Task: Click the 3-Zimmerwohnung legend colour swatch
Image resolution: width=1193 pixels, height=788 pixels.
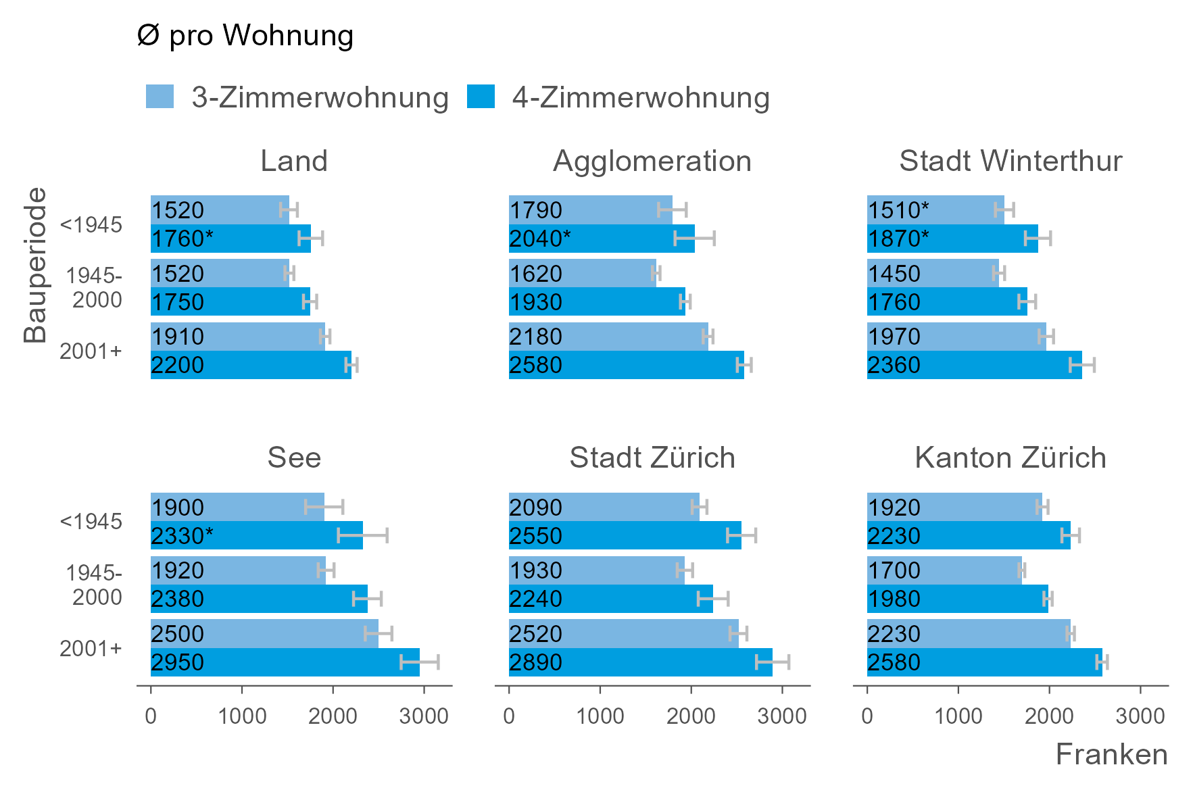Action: pos(160,97)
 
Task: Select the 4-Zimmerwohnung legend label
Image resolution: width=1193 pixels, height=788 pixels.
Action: pos(640,97)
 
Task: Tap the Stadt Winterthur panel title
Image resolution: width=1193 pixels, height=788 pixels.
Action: pos(1011,161)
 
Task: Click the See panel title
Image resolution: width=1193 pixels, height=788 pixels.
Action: pos(294,458)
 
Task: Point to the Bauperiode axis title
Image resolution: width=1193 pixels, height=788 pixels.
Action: pos(35,265)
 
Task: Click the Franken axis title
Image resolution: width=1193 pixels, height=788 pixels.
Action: pos(1111,754)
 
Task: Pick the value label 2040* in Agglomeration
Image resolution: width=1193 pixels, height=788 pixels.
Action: pos(539,239)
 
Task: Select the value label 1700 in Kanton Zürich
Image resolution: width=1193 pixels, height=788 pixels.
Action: pos(894,570)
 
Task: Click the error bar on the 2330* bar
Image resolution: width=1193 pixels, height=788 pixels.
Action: pos(363,536)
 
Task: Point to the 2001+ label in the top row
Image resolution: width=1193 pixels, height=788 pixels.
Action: pos(91,351)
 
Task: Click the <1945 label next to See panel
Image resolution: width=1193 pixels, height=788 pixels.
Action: pos(91,522)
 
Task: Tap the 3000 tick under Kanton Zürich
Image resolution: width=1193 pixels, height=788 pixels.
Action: pos(1140,716)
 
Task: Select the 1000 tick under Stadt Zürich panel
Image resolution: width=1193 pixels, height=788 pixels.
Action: pos(600,716)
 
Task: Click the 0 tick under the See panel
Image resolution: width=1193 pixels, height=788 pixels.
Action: pos(151,716)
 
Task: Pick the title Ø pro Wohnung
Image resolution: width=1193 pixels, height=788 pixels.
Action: pos(245,35)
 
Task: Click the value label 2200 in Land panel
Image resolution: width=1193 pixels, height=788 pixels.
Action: pos(177,365)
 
